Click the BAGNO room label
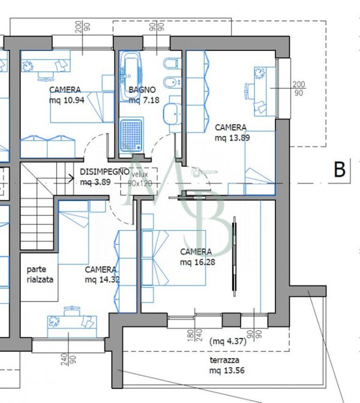pyautogui.click(x=142, y=89)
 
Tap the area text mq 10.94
pyautogui.click(x=67, y=100)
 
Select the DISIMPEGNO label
pyautogui.click(x=105, y=172)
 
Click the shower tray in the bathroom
pyautogui.click(x=131, y=135)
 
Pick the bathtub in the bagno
pyautogui.click(x=131, y=77)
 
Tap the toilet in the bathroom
pyautogui.click(x=172, y=64)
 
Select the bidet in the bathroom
pyautogui.click(x=172, y=82)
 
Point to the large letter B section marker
pyautogui.click(x=340, y=169)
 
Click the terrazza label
pyautogui.click(x=224, y=360)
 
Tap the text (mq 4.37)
pyautogui.click(x=228, y=341)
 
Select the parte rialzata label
pyautogui.click(x=40, y=274)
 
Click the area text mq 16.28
pyautogui.click(x=197, y=262)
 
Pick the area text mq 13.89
pyautogui.click(x=232, y=138)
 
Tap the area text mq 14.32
pyautogui.click(x=102, y=279)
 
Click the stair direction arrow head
pyautogui.click(x=72, y=178)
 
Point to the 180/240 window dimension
pyautogui.click(x=194, y=336)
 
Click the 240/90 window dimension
pyautogui.click(x=68, y=359)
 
